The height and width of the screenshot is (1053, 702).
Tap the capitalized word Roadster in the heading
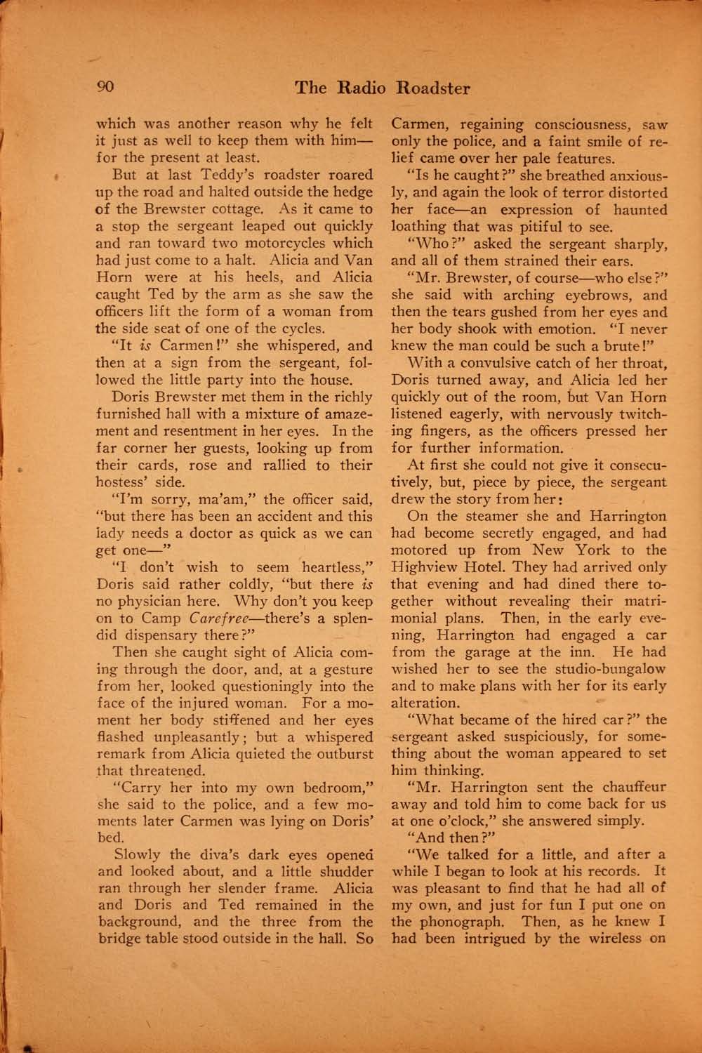tap(433, 88)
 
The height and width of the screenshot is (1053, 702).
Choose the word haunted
tap(640, 210)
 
